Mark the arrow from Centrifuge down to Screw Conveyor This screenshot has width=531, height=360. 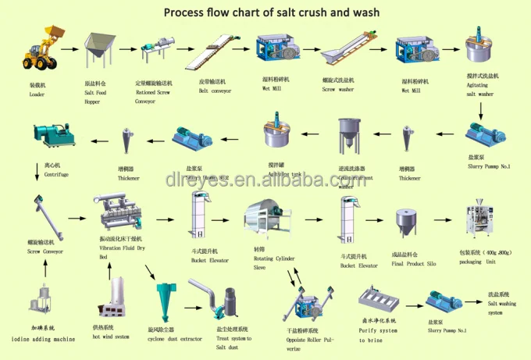(x=37, y=171)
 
